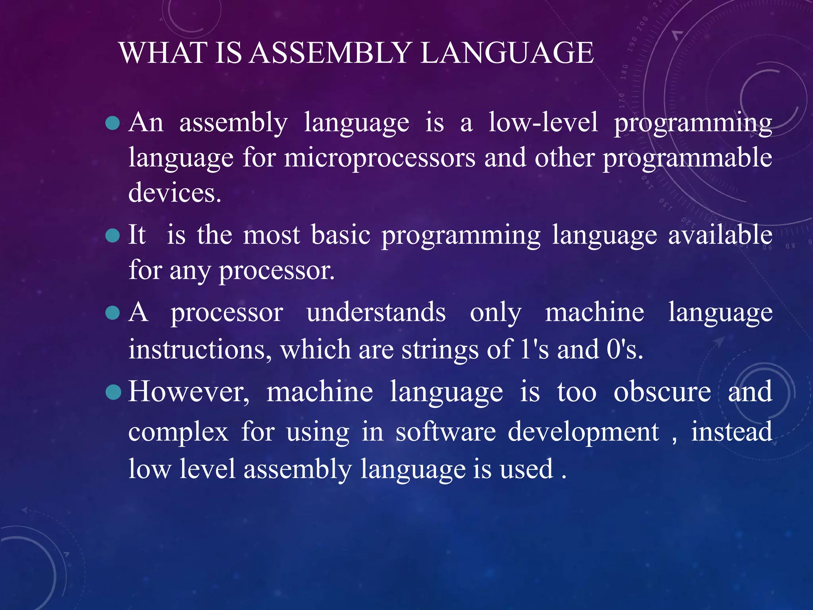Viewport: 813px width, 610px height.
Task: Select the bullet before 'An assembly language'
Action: (x=113, y=123)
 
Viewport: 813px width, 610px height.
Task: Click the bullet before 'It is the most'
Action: (x=113, y=236)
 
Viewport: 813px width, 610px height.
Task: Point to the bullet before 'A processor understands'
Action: (x=113, y=313)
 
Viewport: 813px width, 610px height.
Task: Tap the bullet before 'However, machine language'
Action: (x=114, y=392)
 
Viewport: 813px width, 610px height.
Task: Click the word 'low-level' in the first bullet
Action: (x=543, y=122)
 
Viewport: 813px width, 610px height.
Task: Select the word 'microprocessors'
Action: (x=380, y=158)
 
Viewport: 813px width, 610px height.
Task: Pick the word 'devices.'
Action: (x=175, y=193)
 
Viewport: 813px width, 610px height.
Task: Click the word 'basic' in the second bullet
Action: (x=341, y=235)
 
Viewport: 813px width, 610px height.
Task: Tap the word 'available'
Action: (x=720, y=235)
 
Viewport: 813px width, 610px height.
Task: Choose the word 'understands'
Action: (x=376, y=312)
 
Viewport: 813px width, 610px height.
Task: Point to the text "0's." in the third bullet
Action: (x=624, y=349)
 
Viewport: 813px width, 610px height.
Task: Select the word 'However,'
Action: (x=189, y=392)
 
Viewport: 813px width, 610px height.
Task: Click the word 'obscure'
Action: (x=662, y=392)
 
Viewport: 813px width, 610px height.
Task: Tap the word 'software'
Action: (x=446, y=432)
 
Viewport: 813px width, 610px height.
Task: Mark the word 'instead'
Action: (x=732, y=432)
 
